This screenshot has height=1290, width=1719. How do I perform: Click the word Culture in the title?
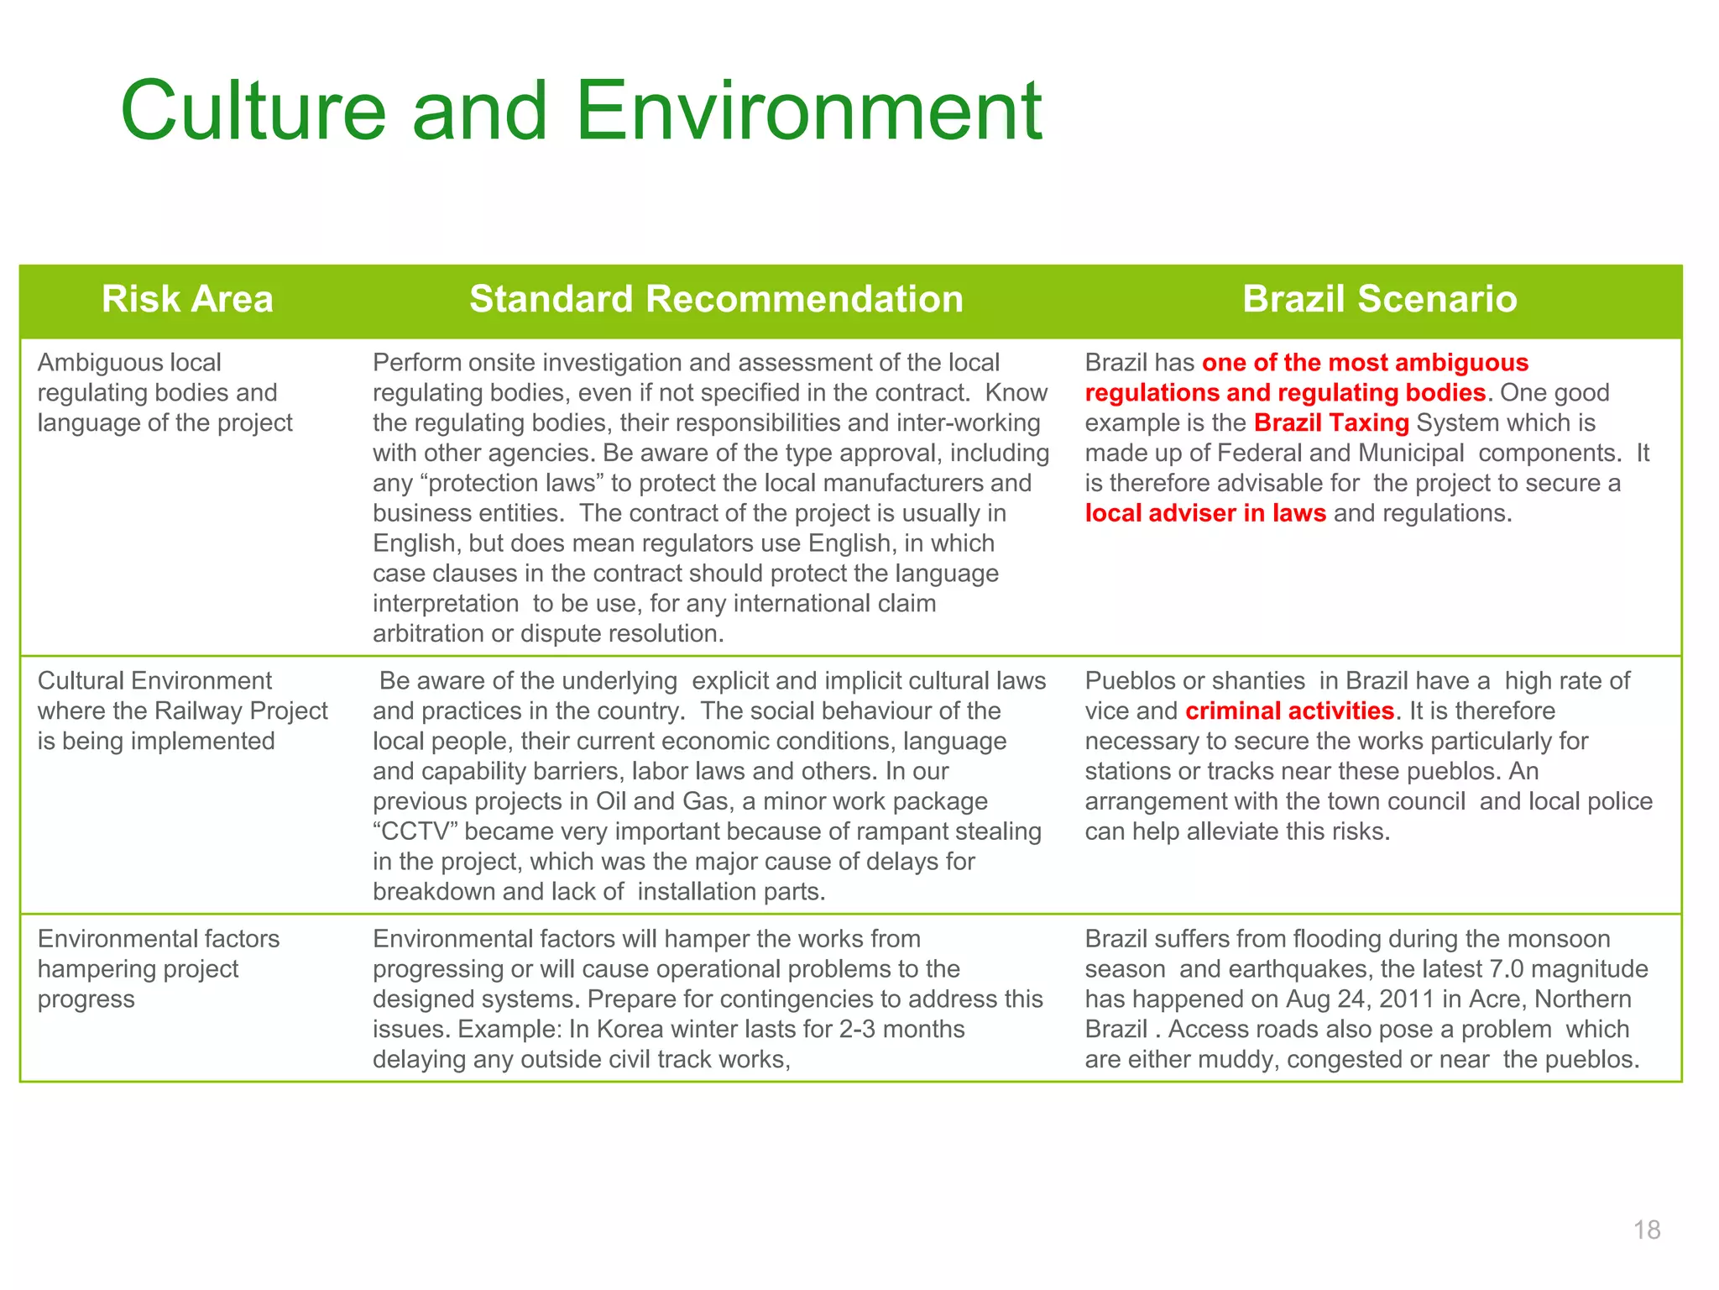click(x=253, y=111)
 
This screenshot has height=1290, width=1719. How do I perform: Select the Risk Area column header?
click(x=187, y=300)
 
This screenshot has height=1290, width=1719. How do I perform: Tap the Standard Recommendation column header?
click(x=716, y=300)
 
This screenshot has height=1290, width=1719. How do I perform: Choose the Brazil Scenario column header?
click(x=1379, y=300)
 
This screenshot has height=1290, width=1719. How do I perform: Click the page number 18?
click(x=1647, y=1230)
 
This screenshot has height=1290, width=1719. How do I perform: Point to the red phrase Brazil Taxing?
click(x=1331, y=423)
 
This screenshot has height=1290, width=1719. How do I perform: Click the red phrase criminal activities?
click(x=1289, y=711)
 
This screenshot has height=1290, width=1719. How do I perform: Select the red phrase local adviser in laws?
click(x=1205, y=513)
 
